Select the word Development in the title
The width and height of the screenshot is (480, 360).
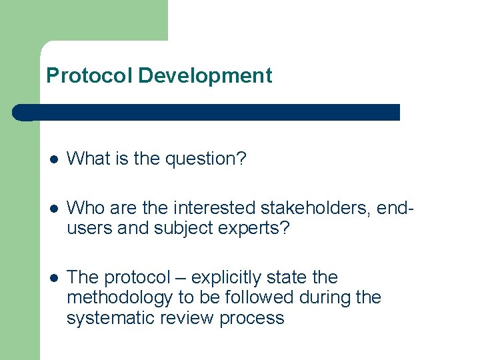coord(205,76)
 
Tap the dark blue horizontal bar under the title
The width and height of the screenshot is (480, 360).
coord(207,112)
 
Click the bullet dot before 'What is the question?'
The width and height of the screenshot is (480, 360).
coord(54,159)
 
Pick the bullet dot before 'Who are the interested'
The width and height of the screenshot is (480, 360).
coord(54,209)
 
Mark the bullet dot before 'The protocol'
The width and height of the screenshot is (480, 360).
coord(54,278)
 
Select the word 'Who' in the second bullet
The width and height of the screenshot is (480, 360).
coord(85,208)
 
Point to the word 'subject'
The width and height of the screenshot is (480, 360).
coord(177,228)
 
